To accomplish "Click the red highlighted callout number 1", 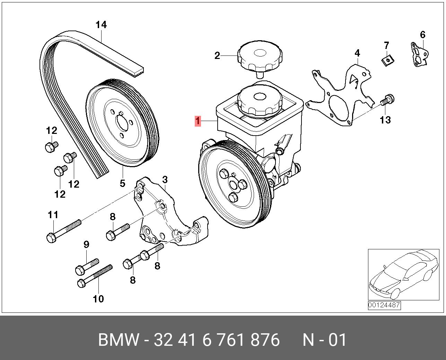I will pyautogui.click(x=198, y=121).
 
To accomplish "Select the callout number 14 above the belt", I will pyautogui.click(x=101, y=25).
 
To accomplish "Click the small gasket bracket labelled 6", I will pyautogui.click(x=420, y=54).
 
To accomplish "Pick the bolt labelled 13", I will pyautogui.click(x=387, y=100).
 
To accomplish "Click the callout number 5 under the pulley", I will pyautogui.click(x=122, y=183).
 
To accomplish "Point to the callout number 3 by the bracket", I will pyautogui.click(x=165, y=180).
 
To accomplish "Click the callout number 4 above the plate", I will pyautogui.click(x=357, y=53).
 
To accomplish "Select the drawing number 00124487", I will pyautogui.click(x=384, y=305).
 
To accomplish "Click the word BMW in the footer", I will pyautogui.click(x=119, y=340).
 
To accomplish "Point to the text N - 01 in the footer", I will pyautogui.click(x=324, y=340).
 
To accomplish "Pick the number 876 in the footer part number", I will pyautogui.click(x=264, y=340).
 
